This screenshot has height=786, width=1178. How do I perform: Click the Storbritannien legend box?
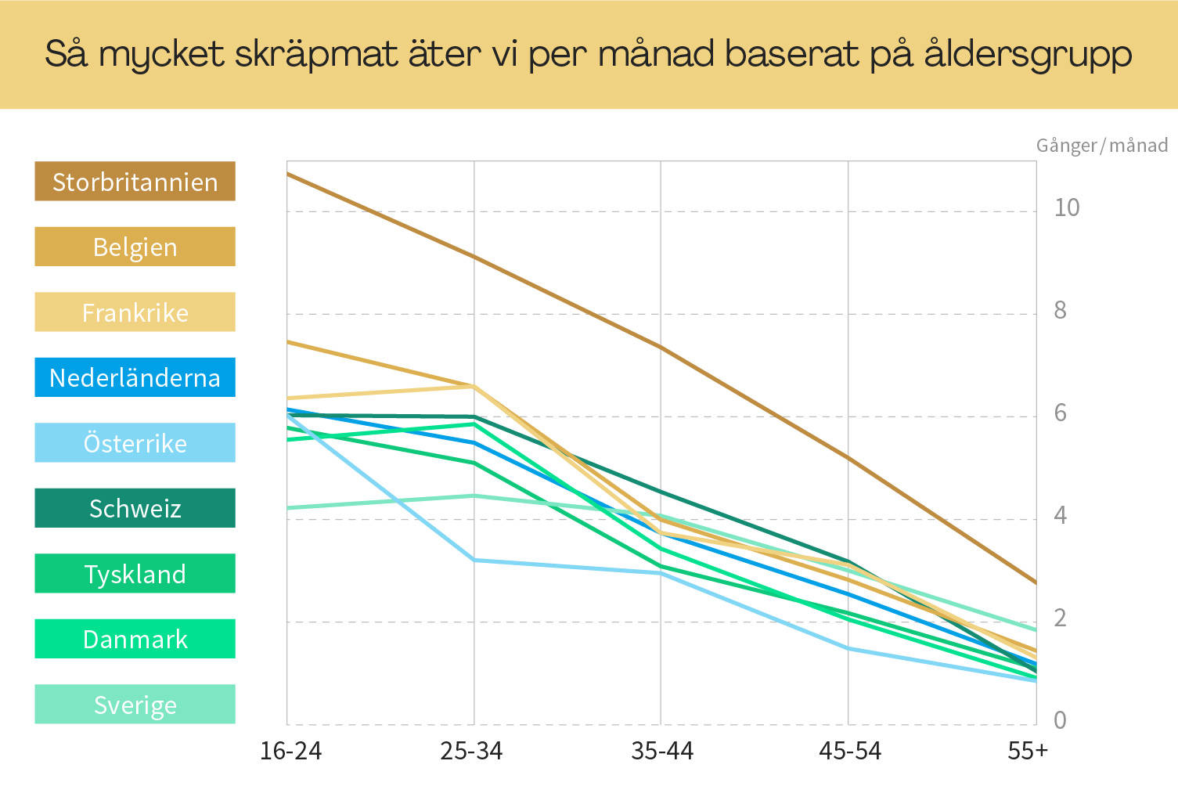coord(135,182)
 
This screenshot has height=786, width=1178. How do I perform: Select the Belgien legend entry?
coord(135,247)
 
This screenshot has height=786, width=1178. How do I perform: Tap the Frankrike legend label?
coord(135,312)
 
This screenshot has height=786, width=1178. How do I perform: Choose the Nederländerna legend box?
coord(135,377)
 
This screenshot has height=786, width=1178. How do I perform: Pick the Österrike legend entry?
coord(135,443)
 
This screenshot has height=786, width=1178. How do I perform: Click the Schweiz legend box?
coord(135,508)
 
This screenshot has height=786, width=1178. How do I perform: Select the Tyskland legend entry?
coord(135,574)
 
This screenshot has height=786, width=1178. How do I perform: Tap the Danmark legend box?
coord(135,639)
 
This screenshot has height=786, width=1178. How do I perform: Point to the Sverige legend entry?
coord(135,705)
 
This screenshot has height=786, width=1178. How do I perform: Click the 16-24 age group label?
coord(290,752)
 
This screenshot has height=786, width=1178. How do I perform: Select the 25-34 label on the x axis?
coord(471,752)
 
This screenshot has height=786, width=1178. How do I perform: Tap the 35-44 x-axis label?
coord(662,752)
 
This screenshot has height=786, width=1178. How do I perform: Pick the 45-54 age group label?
coord(850,752)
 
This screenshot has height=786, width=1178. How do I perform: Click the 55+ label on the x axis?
coord(1028,752)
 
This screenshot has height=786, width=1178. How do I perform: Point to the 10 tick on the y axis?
coord(1066,207)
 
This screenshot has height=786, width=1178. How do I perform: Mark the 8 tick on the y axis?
coord(1060,311)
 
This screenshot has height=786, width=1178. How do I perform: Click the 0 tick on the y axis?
coord(1060,720)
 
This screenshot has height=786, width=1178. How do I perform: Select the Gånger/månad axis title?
coord(1101,146)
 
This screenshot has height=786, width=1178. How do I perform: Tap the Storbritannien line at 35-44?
coord(661,347)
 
